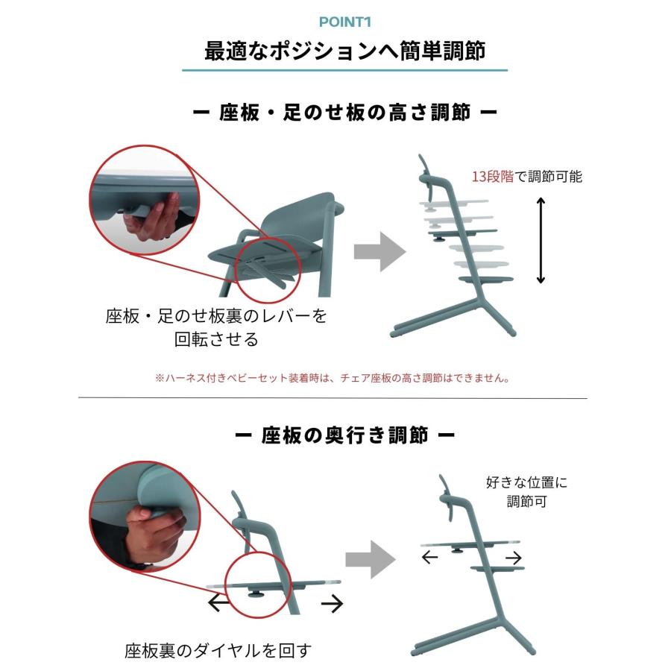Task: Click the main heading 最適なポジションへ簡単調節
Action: pyautogui.click(x=344, y=51)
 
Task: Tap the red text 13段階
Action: pyautogui.click(x=492, y=177)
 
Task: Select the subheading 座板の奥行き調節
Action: pyautogui.click(x=344, y=435)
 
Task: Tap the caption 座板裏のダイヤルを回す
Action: pyautogui.click(x=218, y=650)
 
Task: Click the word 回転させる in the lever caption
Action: pyautogui.click(x=216, y=339)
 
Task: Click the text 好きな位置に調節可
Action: pyautogui.click(x=526, y=492)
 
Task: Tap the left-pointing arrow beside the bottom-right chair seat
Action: pyautogui.click(x=430, y=558)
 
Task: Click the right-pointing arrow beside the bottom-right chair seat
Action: pyautogui.click(x=513, y=558)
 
